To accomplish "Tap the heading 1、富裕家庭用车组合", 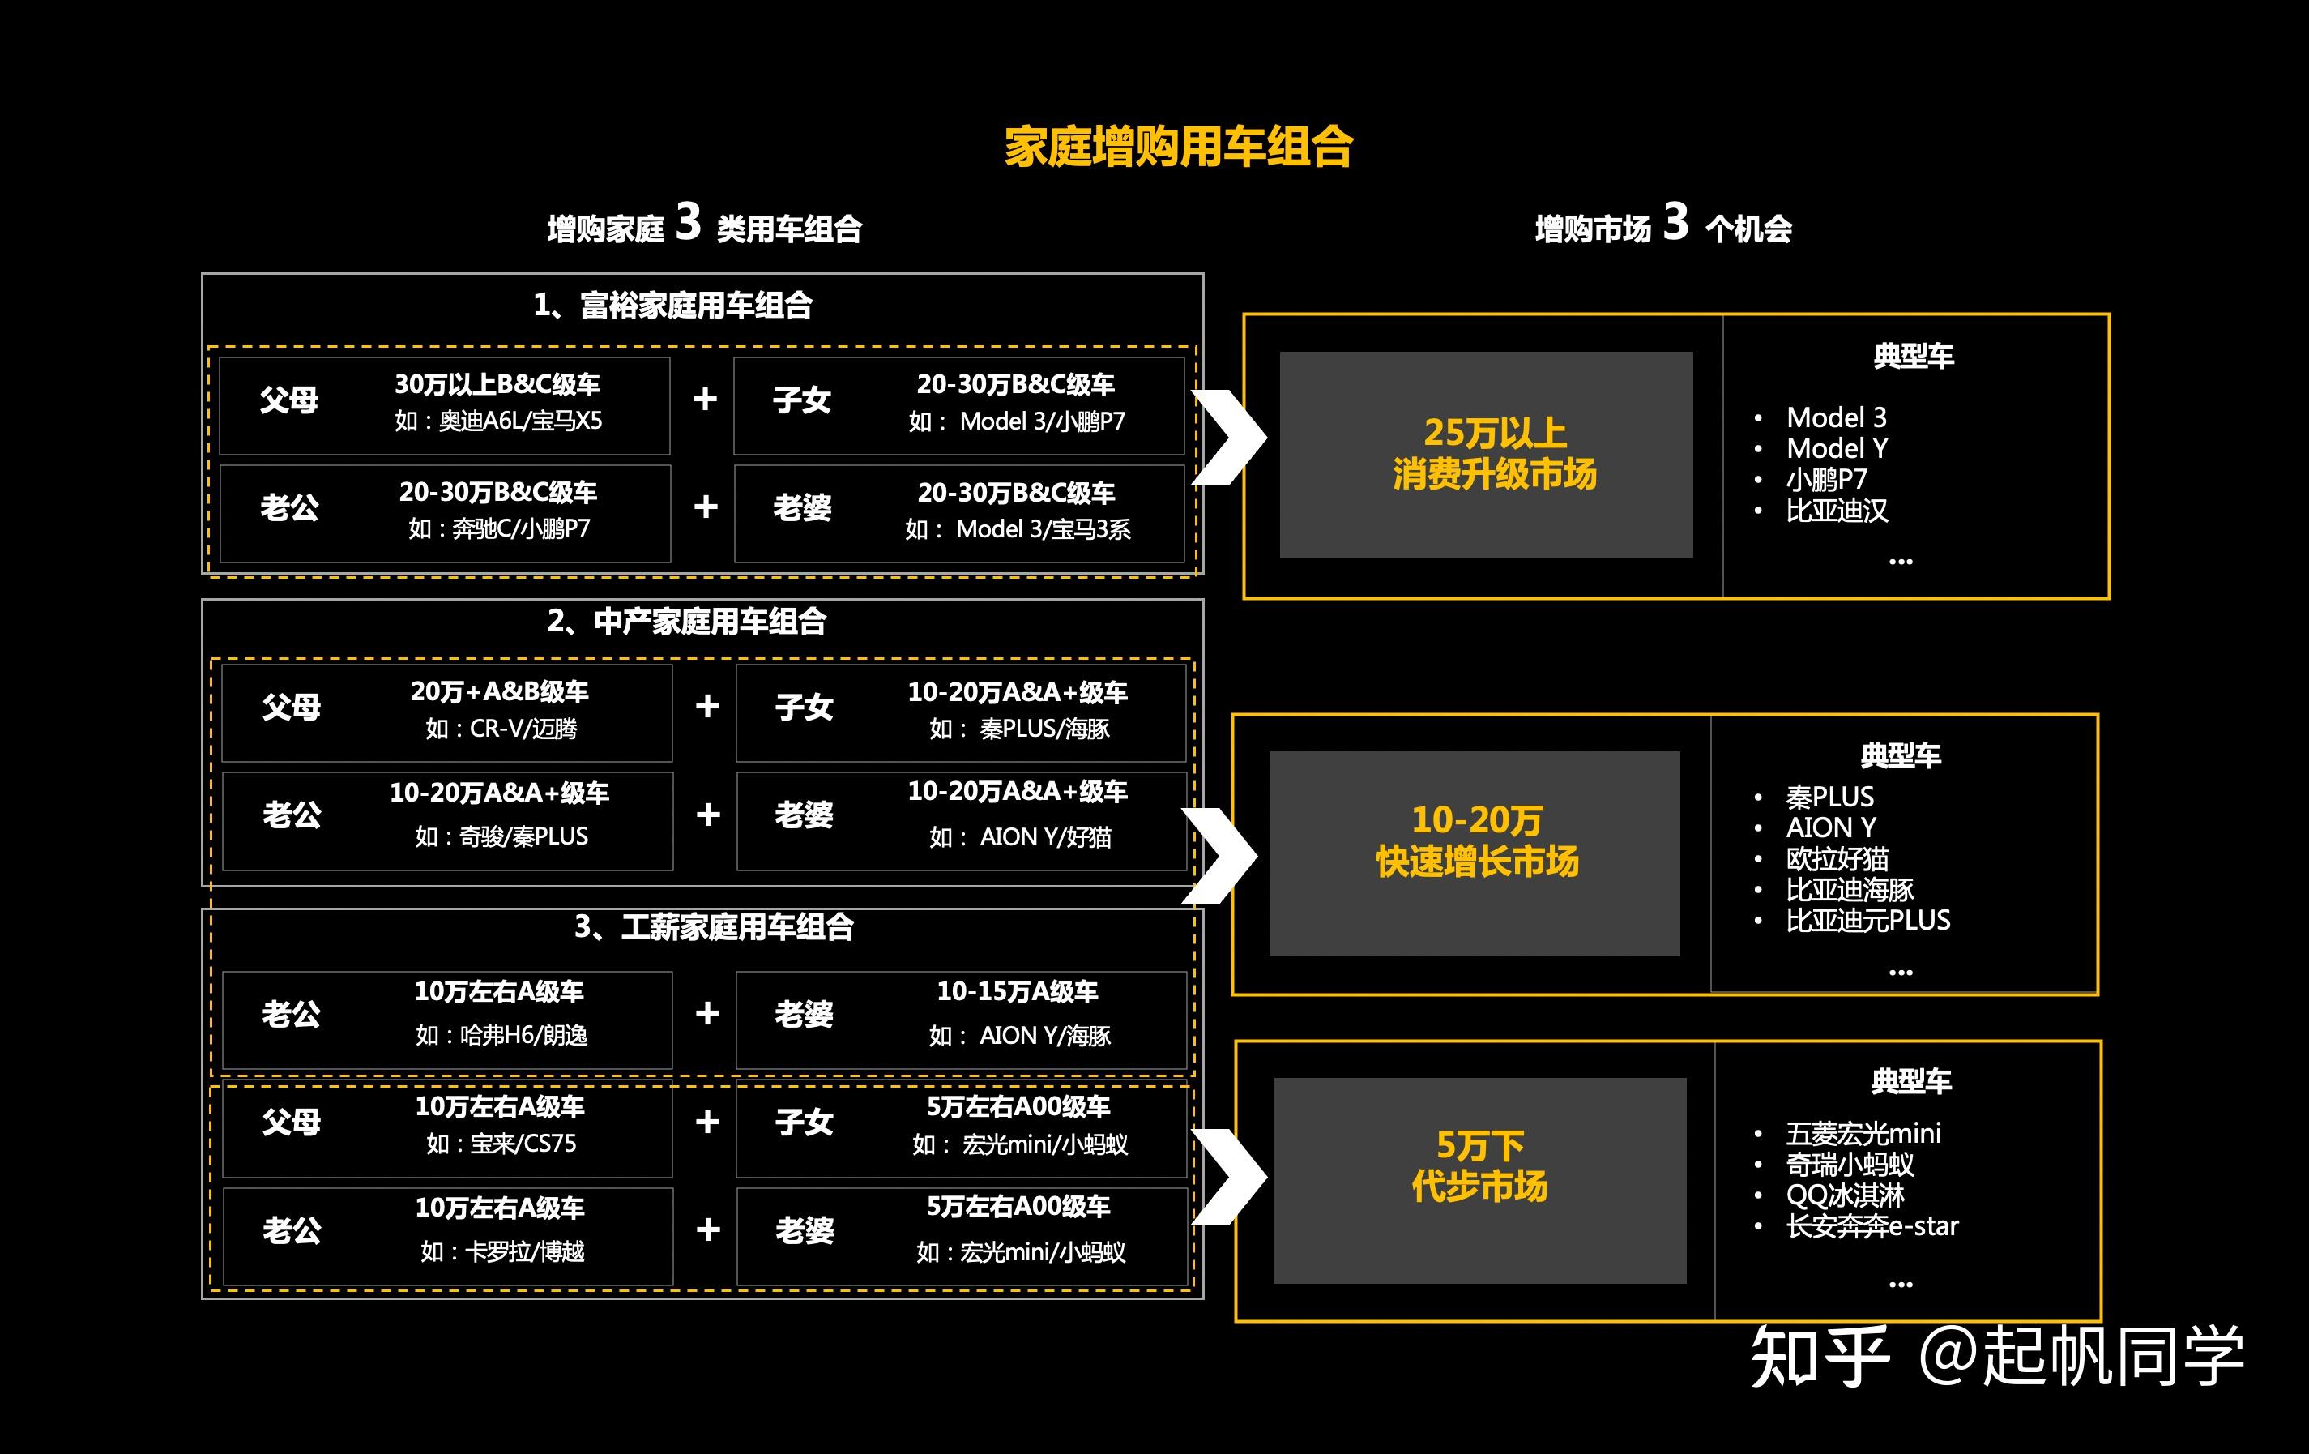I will coord(673,306).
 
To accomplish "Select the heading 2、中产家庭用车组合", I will coord(686,622).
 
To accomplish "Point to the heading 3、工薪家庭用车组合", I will coord(714,926).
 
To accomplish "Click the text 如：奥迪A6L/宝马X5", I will coord(498,421).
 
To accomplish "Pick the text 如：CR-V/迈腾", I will coord(501,729).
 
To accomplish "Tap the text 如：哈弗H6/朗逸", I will coord(501,1036).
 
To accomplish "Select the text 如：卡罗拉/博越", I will coord(501,1251).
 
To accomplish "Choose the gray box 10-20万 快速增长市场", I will coord(1475,853).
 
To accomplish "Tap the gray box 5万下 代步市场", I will coord(1479,1181).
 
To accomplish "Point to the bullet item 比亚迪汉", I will coord(1837,511).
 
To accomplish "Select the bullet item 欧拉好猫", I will coord(1837,858).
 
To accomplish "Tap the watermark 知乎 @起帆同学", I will coord(1996,1357).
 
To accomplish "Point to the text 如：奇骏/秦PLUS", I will coord(501,836).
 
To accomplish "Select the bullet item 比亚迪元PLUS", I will coord(1867,921).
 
